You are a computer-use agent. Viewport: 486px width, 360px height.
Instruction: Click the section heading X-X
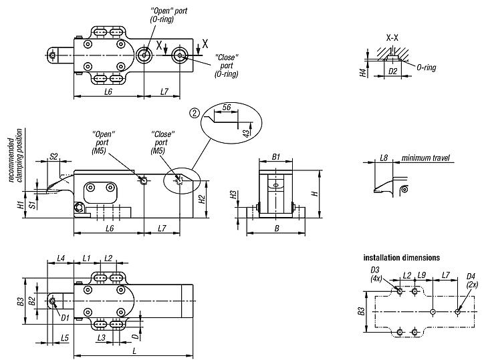tap(392, 37)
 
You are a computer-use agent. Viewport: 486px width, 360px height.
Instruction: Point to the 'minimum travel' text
tap(425, 158)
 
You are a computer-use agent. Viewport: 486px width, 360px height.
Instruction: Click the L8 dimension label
tap(384, 158)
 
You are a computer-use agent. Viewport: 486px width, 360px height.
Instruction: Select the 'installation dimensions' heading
tap(401, 257)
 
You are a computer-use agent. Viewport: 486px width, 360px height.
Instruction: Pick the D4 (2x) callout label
tap(471, 280)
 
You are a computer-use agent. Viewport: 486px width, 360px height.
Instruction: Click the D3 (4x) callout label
tap(376, 274)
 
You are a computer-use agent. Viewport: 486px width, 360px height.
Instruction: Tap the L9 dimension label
tap(422, 275)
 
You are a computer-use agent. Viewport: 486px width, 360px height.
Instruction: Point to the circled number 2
tap(194, 113)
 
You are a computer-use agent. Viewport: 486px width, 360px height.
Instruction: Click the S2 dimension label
tap(54, 157)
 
